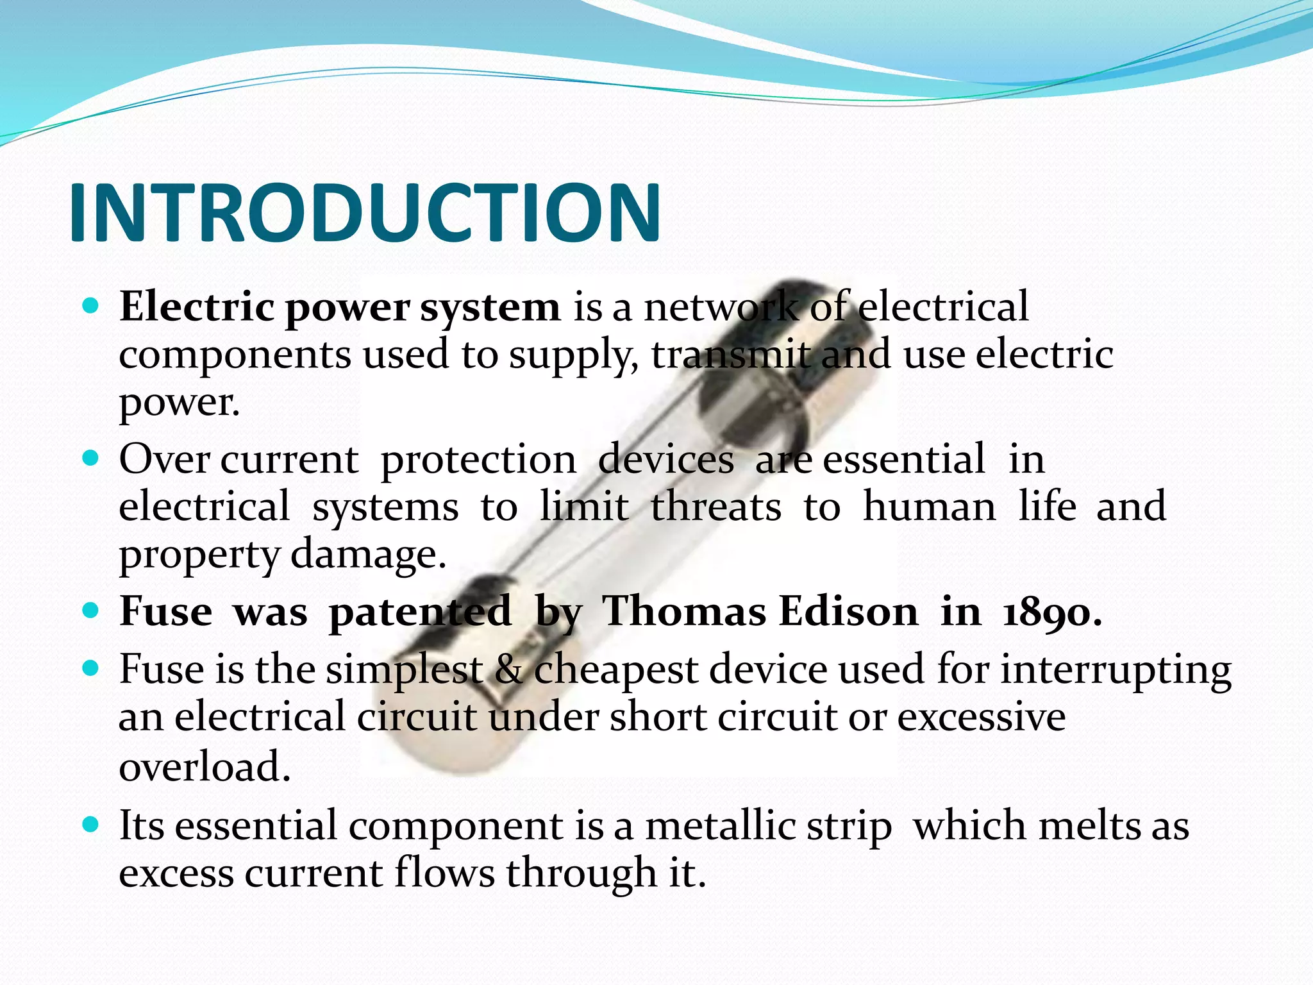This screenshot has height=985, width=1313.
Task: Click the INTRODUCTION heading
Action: [364, 213]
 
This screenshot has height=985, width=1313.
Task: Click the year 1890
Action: [1051, 612]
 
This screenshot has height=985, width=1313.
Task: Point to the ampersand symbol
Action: [508, 670]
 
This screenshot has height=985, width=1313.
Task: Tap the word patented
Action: [420, 612]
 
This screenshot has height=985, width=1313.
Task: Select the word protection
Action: [478, 460]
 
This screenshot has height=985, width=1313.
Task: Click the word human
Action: [930, 507]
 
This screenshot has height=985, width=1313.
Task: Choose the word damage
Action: [368, 555]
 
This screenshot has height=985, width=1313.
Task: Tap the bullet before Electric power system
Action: [91, 305]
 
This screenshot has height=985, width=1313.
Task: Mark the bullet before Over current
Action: [91, 458]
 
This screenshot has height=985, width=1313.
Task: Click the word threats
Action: [716, 507]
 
